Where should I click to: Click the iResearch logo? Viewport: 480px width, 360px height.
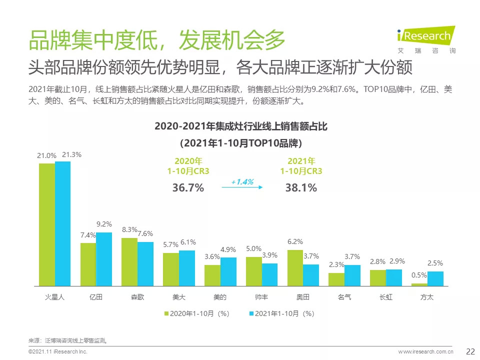click(424, 36)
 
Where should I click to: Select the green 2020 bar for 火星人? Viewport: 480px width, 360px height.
click(47, 224)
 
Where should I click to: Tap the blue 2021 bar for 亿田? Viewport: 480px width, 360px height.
click(104, 259)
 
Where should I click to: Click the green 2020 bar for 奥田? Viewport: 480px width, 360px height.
click(295, 267)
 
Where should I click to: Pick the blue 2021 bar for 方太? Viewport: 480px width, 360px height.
click(435, 278)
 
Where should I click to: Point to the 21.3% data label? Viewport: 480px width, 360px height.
click(71, 155)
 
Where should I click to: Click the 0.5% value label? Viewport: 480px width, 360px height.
click(419, 275)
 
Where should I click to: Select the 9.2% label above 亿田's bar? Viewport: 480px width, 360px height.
click(104, 224)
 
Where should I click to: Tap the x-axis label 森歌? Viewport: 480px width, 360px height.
click(137, 297)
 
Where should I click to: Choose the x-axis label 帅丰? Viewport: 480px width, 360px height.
click(261, 297)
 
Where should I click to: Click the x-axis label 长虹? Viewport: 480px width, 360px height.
click(385, 297)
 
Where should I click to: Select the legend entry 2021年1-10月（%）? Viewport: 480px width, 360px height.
click(281, 313)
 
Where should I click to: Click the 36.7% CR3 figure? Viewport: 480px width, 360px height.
click(188, 188)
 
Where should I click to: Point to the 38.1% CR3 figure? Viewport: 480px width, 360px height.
click(301, 188)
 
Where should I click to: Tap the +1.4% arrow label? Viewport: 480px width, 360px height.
click(242, 181)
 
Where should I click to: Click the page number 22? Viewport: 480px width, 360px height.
click(470, 351)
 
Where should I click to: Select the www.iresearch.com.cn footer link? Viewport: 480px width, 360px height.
click(425, 352)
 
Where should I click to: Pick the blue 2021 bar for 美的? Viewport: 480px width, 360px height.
click(228, 271)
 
